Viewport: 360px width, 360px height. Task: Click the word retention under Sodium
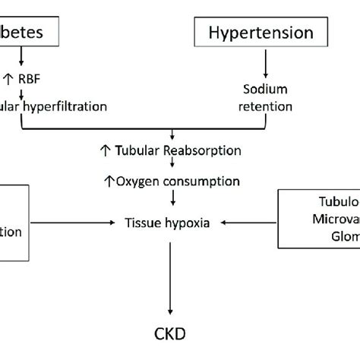pyautogui.click(x=265, y=106)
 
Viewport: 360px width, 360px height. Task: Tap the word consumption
pyautogui.click(x=205, y=182)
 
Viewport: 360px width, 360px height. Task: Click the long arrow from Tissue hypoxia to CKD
pyautogui.click(x=170, y=276)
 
